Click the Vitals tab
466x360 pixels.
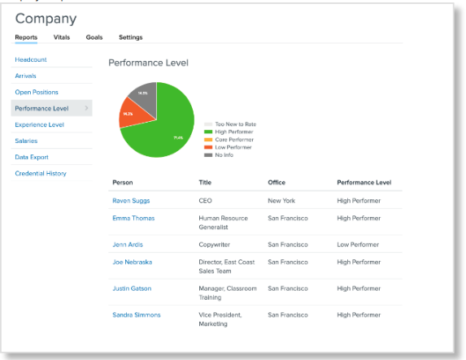(x=62, y=37)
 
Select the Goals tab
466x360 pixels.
(x=94, y=37)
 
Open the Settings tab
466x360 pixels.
(x=130, y=37)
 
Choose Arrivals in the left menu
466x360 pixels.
(x=25, y=76)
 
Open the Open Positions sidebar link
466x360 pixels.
(x=37, y=92)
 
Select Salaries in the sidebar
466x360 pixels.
(x=27, y=141)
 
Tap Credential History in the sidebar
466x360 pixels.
(x=40, y=173)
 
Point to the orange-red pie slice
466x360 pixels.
(x=132, y=115)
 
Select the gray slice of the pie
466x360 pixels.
(x=144, y=93)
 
